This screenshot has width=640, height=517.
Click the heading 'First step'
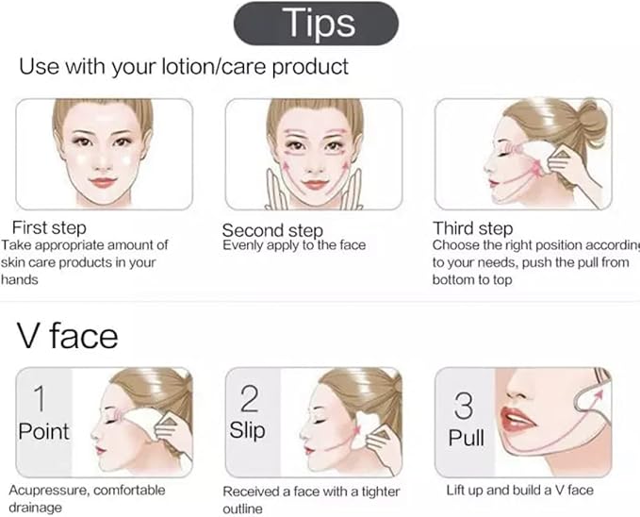coord(49,227)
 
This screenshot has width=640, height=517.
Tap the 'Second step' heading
coord(272,230)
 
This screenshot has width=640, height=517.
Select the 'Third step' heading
coord(472,227)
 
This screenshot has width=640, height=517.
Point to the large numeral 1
coord(38,396)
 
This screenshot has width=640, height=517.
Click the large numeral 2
coord(249,398)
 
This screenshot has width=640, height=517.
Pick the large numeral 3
coord(463,406)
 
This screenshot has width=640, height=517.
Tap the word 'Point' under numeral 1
coord(44,431)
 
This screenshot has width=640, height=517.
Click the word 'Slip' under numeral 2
coord(249,431)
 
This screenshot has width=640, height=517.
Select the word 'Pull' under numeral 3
coord(466,439)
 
